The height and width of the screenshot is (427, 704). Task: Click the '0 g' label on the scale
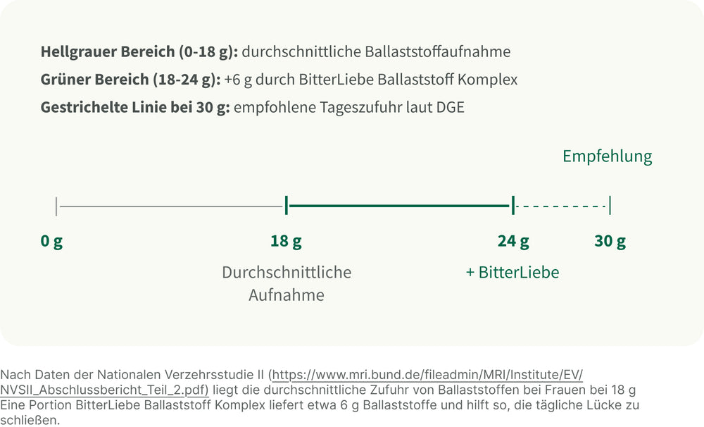(51, 242)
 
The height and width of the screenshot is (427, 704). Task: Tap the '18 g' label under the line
(286, 242)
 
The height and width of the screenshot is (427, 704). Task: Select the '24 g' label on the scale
(513, 242)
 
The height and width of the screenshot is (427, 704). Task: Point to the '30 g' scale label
(610, 242)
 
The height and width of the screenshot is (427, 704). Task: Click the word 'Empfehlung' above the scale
(607, 156)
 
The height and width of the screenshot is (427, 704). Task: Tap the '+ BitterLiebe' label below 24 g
(513, 273)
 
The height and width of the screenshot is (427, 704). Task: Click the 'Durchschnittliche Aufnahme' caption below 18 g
(287, 283)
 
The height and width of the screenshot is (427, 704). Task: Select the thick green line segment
(398, 206)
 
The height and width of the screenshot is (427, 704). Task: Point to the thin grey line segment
(170, 206)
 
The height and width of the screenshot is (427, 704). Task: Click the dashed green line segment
(562, 206)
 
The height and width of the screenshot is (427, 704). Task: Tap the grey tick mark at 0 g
(56, 206)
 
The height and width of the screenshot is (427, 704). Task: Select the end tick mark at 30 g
(610, 206)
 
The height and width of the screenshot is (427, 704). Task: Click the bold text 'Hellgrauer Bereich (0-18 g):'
(139, 51)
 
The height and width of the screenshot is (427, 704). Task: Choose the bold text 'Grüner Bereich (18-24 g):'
(130, 80)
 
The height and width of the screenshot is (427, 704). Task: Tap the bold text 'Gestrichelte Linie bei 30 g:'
(135, 108)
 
